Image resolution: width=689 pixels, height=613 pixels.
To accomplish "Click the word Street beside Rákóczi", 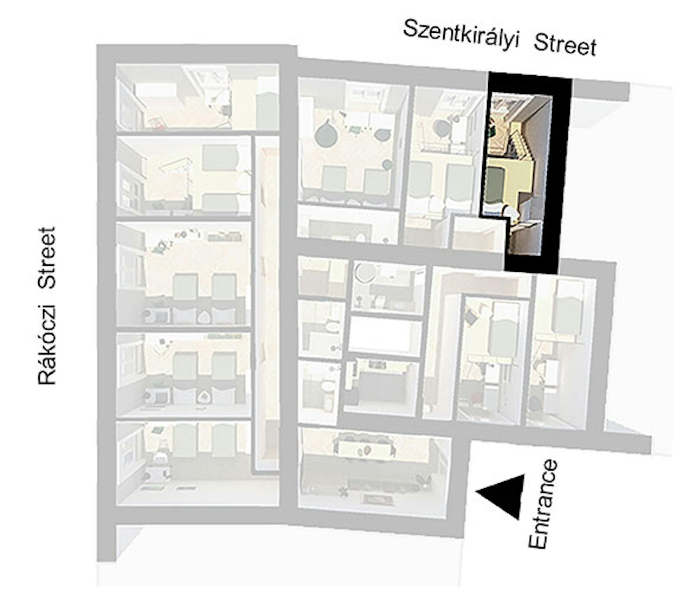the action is click(47, 257).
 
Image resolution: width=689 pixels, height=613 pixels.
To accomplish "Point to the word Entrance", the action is click(543, 504).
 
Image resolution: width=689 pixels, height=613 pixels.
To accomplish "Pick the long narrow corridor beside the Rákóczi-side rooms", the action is click(267, 303).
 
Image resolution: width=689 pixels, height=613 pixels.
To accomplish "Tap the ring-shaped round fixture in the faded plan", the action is click(364, 273).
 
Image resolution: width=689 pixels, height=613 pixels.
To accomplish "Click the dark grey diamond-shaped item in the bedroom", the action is click(471, 318).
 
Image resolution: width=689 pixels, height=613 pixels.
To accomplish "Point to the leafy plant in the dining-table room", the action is click(343, 490).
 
